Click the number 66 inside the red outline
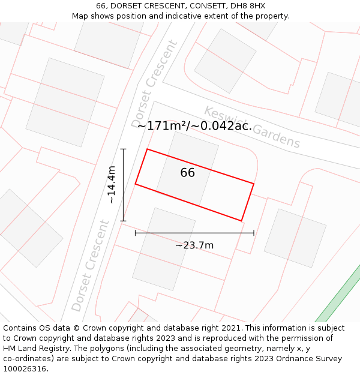coord(187,173)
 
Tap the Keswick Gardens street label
coord(252,127)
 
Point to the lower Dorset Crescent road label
coord(90,265)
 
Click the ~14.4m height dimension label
coord(112,185)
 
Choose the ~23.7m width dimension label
coord(194,245)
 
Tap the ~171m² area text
coord(162,126)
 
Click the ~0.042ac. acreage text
coord(222,126)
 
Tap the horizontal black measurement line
coord(194,233)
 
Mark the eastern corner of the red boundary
coord(254,184)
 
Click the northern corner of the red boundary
coord(147,149)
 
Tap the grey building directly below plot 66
coord(164,249)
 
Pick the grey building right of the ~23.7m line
coord(295,238)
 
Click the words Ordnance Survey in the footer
coord(311,359)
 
